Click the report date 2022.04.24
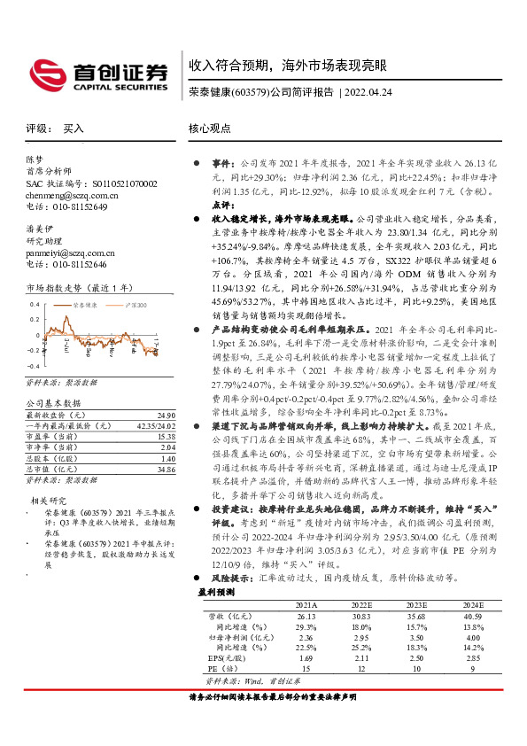[x=367, y=92]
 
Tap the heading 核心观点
[x=210, y=128]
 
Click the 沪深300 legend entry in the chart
[x=135, y=304]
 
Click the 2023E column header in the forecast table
[x=416, y=603]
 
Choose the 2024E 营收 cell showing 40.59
[x=474, y=617]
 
